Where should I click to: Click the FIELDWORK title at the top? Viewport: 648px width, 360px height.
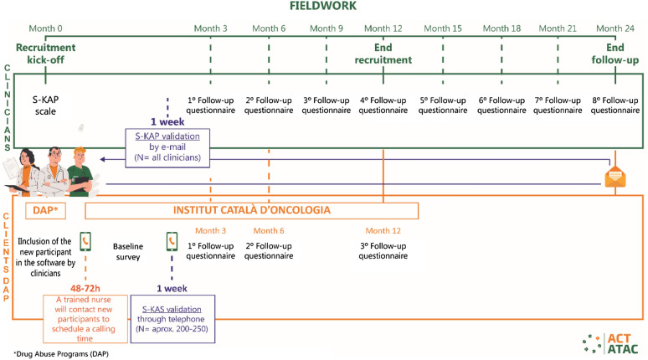323,7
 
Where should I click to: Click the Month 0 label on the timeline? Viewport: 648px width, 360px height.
45,28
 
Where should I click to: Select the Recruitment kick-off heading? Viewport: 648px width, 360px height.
45,54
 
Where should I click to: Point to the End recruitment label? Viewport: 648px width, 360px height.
383,54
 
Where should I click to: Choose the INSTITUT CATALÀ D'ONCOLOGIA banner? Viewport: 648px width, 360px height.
251,209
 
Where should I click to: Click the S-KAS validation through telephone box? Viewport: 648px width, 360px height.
173,320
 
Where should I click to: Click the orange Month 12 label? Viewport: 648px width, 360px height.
383,231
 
